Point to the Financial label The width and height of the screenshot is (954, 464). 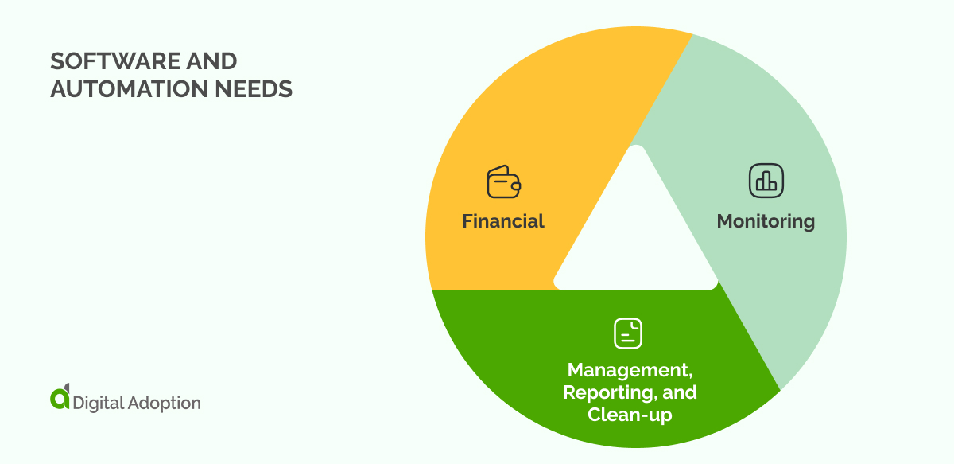coord(503,221)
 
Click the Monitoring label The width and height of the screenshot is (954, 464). coord(766,221)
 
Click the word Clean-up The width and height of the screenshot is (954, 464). coord(630,415)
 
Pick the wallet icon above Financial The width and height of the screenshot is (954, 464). coord(503,181)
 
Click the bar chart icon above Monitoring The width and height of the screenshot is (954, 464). coord(766,181)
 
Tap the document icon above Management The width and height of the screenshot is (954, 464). coord(628,333)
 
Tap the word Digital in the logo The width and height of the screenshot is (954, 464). coord(99,403)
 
